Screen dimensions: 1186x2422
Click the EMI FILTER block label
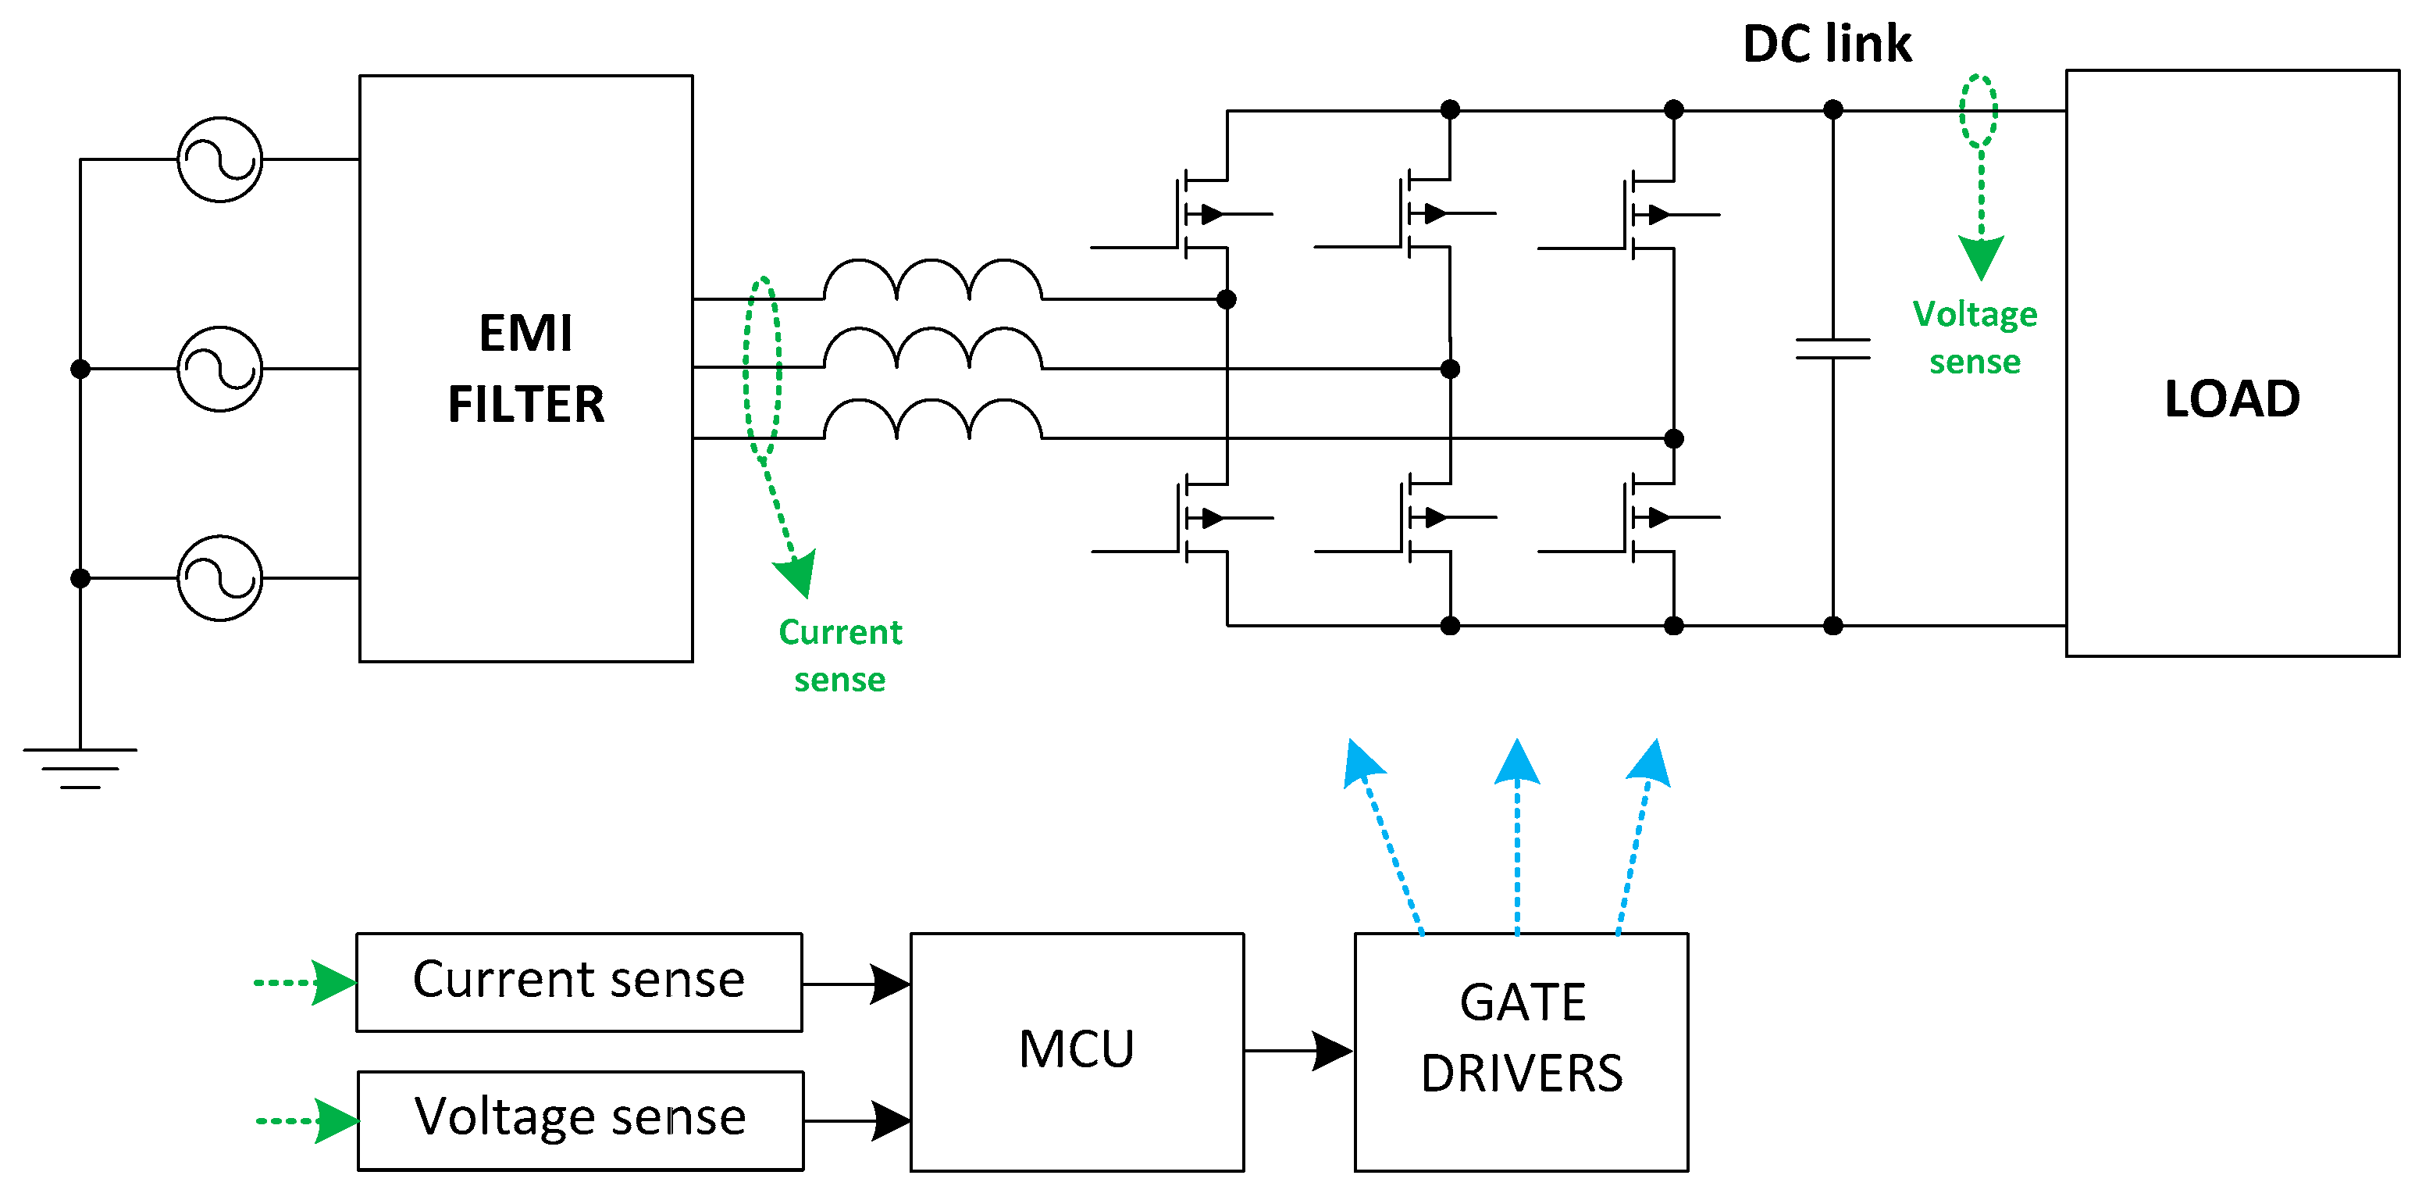coord(525,369)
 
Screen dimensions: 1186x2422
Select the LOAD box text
coord(2231,398)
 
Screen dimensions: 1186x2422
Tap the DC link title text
coord(1826,45)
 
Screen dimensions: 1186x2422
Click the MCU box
coord(1077,1051)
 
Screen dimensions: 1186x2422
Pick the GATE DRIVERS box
coord(1520,1051)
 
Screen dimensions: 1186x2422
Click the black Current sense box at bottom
coord(579,981)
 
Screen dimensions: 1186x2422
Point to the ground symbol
coord(80,766)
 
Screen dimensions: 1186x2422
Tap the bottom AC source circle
coord(220,577)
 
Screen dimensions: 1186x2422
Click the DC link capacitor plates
coord(1833,349)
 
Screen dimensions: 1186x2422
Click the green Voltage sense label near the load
coord(1975,337)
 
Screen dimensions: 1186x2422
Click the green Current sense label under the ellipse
coord(839,655)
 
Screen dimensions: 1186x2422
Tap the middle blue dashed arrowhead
coord(1516,763)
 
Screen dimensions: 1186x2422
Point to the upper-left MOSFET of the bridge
coord(1194,214)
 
